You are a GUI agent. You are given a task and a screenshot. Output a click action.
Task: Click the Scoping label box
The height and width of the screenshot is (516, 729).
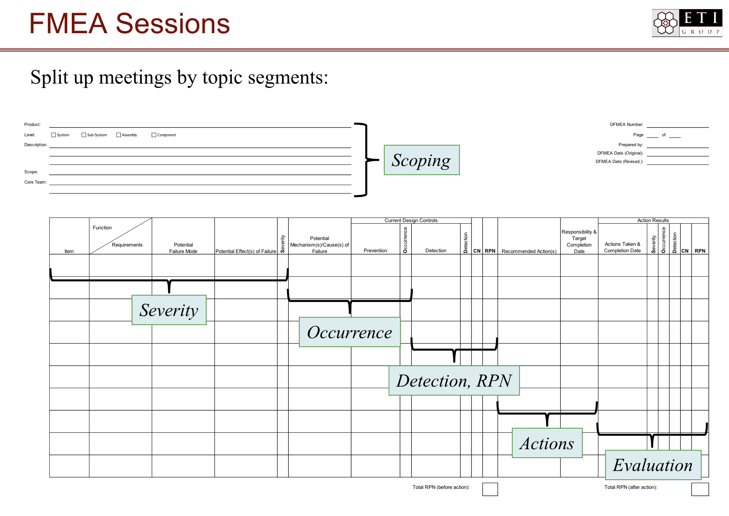click(421, 160)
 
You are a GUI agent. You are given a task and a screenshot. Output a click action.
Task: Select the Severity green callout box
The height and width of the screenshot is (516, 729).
click(169, 310)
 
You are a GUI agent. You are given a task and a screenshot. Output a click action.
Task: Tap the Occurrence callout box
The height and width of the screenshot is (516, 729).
click(350, 332)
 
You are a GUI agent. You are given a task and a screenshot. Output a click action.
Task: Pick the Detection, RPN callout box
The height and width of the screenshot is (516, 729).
click(454, 381)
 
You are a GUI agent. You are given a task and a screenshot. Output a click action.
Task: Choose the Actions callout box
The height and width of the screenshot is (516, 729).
click(547, 443)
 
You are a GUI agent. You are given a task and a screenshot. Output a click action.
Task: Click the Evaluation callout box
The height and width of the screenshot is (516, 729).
click(653, 465)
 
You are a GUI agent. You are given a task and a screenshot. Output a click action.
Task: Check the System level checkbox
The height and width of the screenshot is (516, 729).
click(53, 135)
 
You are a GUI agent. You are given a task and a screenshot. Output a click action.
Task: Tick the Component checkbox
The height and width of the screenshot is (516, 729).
click(154, 135)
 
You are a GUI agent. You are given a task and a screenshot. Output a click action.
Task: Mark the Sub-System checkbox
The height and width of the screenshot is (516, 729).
click(84, 135)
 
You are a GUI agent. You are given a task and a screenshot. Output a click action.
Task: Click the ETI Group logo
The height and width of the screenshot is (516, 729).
click(687, 23)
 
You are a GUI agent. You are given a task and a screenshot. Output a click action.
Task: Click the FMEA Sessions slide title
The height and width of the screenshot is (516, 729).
click(130, 24)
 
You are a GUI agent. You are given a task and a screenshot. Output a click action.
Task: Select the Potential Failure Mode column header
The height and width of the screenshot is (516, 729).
click(183, 248)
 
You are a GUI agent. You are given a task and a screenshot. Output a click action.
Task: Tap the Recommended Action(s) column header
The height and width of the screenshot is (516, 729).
click(529, 251)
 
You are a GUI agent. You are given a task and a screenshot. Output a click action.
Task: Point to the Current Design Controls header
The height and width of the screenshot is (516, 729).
click(411, 221)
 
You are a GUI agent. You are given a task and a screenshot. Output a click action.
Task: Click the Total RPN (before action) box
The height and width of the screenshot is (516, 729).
click(490, 489)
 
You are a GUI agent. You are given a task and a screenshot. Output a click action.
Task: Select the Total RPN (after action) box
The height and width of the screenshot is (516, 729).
click(700, 489)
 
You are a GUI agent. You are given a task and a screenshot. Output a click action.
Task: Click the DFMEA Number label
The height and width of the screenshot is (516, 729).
click(626, 124)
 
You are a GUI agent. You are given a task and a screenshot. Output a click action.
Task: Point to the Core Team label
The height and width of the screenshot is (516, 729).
click(35, 182)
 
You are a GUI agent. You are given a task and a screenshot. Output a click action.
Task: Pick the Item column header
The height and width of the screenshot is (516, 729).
click(69, 251)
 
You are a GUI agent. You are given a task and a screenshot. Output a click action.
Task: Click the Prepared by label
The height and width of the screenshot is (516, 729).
click(630, 145)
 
